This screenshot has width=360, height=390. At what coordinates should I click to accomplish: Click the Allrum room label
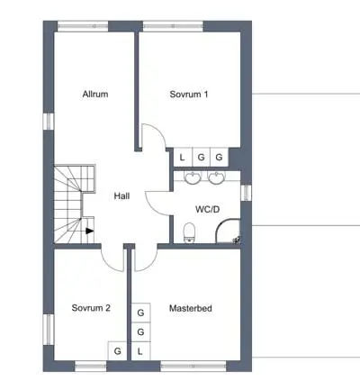95,94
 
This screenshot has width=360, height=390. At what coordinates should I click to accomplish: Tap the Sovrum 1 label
189,95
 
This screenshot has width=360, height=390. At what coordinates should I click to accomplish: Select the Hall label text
121,196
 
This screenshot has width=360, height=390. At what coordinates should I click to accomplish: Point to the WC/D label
207,209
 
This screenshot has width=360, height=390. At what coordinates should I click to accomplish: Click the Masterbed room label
191,308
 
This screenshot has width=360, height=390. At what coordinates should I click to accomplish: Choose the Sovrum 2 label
91,308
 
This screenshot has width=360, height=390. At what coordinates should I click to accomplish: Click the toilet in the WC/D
189,232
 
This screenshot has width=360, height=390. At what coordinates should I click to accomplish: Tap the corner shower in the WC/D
228,231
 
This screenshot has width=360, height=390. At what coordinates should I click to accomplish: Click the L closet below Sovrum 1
183,158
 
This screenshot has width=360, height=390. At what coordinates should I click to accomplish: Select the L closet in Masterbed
140,351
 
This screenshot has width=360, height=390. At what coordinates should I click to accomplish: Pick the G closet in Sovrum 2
118,351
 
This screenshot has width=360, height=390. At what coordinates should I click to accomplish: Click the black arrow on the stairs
90,231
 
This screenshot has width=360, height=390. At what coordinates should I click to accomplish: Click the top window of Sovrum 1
174,26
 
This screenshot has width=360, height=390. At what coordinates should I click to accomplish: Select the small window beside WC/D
247,193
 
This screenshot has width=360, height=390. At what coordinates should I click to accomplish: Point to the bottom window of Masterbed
193,366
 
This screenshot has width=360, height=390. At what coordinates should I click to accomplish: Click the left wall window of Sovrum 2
49,330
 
